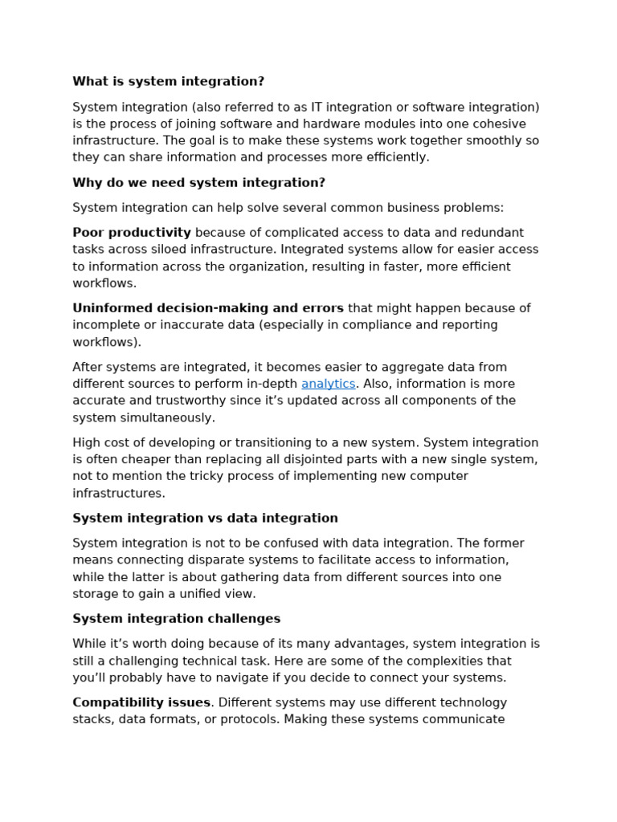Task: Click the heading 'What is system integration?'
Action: [x=168, y=81]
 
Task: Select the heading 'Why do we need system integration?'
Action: [x=198, y=182]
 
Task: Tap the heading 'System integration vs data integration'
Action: [x=205, y=518]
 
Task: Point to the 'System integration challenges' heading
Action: [x=176, y=618]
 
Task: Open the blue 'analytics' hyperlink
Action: [x=328, y=384]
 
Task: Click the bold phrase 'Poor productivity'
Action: [x=132, y=233]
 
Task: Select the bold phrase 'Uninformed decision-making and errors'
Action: [x=208, y=308]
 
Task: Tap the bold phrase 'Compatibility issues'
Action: [x=141, y=702]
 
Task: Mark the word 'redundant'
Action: [x=491, y=233]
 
